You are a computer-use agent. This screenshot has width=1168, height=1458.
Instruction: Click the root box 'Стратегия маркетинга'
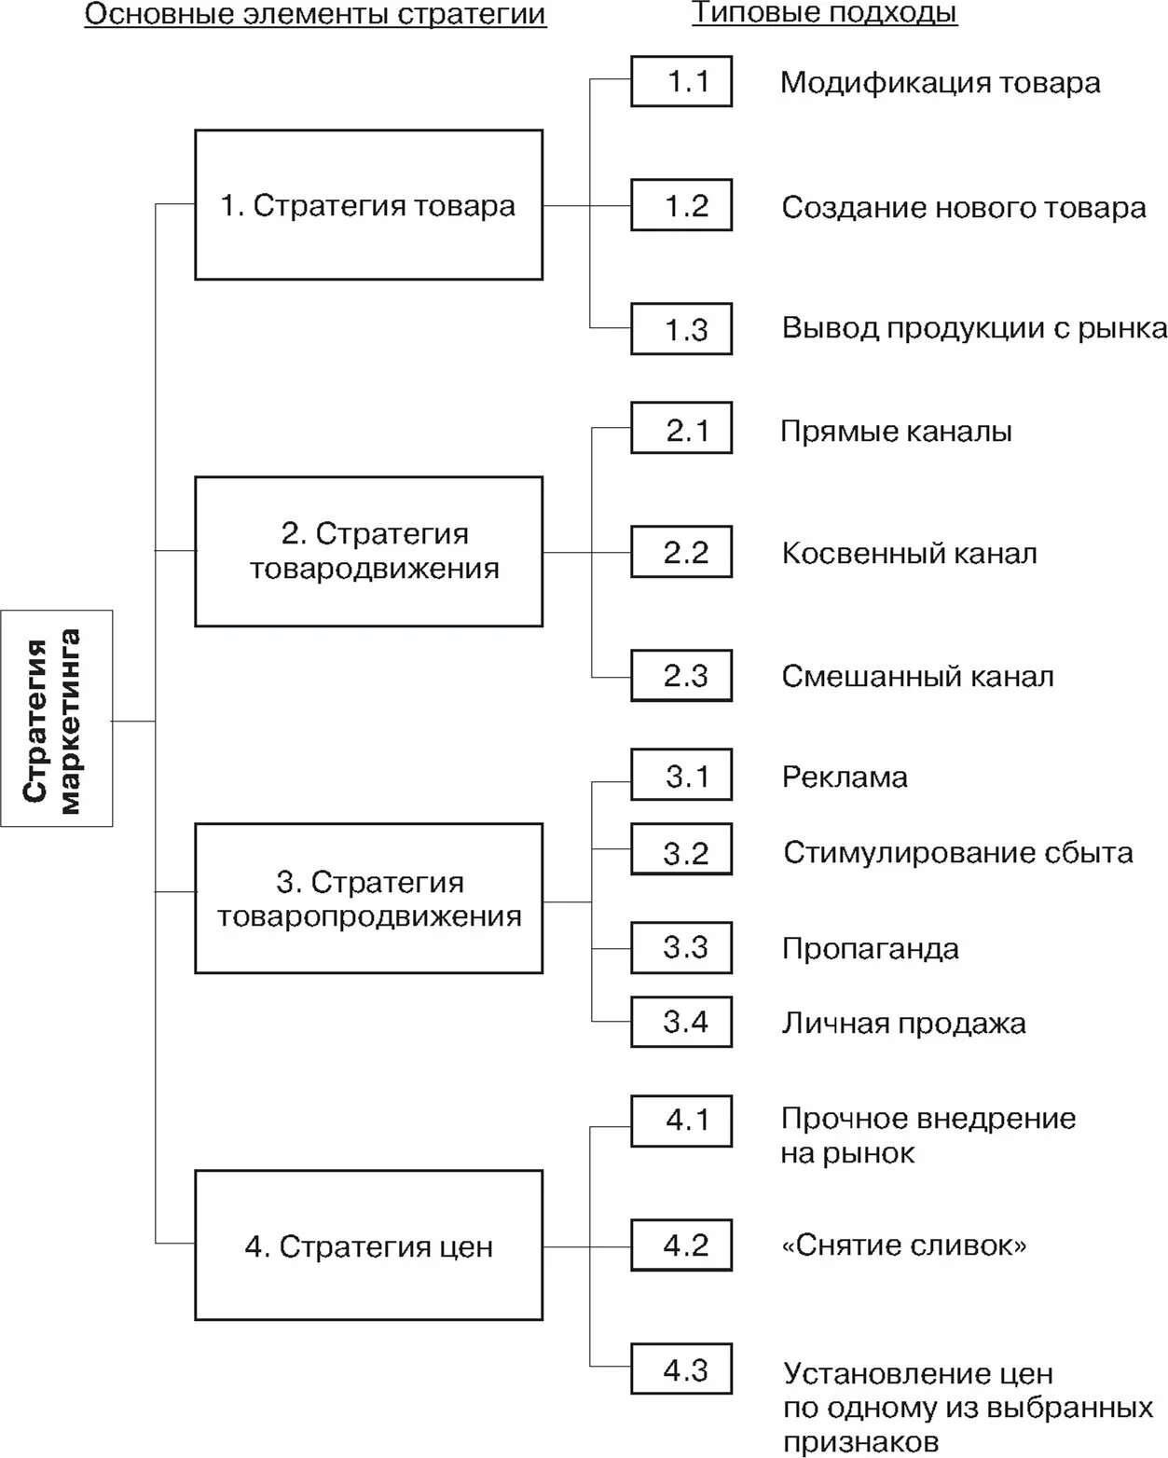coord(57,719)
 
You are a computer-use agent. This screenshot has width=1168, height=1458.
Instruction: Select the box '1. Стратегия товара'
coord(368,205)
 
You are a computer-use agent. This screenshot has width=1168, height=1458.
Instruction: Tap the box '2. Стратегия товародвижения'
coord(368,552)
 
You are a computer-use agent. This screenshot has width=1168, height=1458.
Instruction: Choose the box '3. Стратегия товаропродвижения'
coord(368,899)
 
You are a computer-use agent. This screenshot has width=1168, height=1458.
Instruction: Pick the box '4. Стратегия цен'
coord(368,1245)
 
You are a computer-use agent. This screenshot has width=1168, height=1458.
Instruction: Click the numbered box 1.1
coord(681,82)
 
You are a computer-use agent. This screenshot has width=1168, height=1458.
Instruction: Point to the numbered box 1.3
coord(681,329)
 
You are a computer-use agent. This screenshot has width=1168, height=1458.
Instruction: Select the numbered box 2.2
coord(681,552)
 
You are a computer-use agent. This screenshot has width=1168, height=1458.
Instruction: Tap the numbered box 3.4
coord(681,1022)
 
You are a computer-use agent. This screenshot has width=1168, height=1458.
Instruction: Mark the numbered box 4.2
coord(681,1245)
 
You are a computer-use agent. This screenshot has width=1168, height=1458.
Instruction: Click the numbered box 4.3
coord(681,1369)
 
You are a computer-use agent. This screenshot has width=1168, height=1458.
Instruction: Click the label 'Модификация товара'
coord(940,83)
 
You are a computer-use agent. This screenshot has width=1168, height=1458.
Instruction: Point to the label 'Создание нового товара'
coord(963,207)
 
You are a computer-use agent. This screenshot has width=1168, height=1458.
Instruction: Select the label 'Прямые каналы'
coord(896,432)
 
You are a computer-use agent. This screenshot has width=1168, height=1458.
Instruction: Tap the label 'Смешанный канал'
coord(917,676)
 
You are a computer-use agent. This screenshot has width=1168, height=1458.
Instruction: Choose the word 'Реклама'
coord(845,777)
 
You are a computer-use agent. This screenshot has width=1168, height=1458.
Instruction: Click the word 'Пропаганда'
coord(871,948)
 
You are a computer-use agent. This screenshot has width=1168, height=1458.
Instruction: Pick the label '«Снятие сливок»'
coord(903,1245)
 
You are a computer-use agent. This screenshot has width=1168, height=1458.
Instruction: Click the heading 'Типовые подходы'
coord(824,13)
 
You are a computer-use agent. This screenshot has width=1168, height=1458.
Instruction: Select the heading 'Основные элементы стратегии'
coord(315,15)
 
